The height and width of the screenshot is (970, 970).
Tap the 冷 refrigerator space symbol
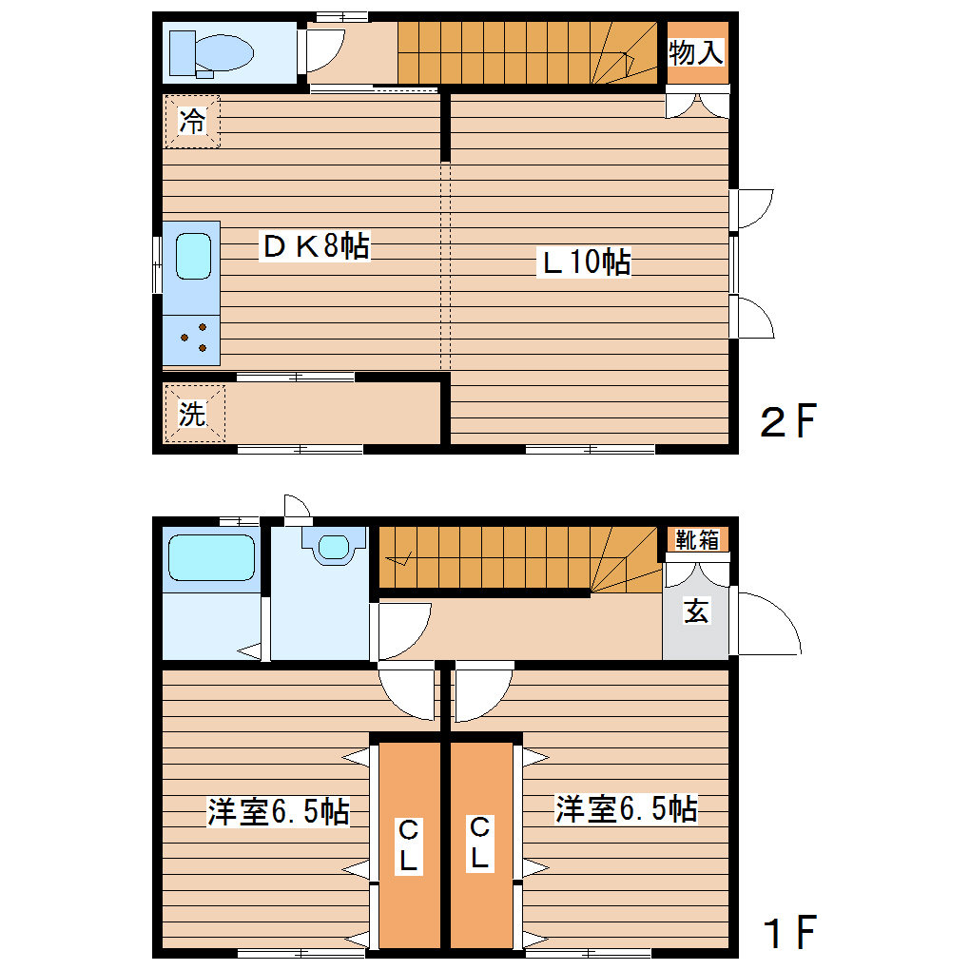click(192, 122)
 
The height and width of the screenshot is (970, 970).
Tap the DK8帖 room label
click(315, 247)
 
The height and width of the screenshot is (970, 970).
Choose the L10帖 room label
click(586, 262)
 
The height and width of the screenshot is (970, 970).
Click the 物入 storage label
click(695, 53)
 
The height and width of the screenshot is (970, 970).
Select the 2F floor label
click(788, 421)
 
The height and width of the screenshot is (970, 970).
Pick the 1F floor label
click(788, 933)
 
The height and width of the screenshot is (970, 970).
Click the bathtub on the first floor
click(211, 557)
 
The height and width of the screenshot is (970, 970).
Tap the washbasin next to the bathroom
click(333, 548)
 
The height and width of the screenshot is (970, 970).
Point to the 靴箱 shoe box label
click(697, 540)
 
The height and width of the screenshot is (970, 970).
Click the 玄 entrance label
click(697, 611)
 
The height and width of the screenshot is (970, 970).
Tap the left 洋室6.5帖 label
click(279, 813)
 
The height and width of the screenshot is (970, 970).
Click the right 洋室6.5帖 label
click(627, 810)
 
